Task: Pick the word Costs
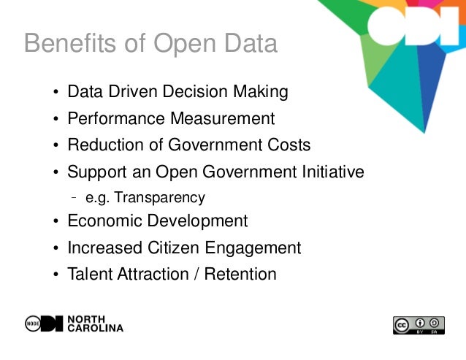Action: point(289,145)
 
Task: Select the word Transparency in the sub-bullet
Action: point(167,197)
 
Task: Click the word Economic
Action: point(102,221)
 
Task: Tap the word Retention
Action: point(242,275)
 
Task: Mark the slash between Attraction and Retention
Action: point(200,275)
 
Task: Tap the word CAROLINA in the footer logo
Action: point(96,329)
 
